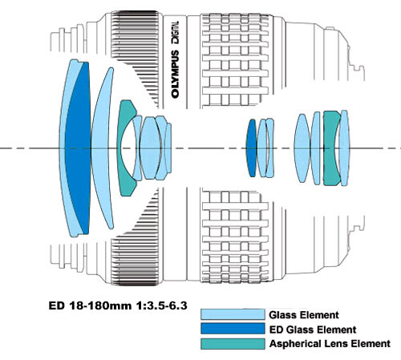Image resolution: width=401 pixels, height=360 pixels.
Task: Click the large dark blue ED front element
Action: coord(79,148)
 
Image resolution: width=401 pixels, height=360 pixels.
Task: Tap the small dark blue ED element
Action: coord(251,148)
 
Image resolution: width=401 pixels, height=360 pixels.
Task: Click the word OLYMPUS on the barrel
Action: coord(175,74)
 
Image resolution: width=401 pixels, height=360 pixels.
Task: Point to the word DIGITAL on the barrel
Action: coord(176,33)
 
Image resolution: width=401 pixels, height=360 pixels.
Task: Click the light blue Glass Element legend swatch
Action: coord(233,314)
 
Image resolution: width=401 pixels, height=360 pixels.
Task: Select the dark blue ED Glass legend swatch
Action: coord(233,329)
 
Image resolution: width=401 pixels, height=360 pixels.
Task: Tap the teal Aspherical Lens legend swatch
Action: coord(233,344)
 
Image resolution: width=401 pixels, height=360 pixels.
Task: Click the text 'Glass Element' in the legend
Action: coord(304,315)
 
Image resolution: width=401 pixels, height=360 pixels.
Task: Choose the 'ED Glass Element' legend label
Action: coord(313,330)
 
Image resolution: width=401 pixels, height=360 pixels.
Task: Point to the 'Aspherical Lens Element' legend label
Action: coord(330,344)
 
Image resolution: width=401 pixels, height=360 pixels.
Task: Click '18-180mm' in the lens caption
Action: coord(100,305)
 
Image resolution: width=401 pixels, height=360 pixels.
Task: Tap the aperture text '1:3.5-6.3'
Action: coord(162,305)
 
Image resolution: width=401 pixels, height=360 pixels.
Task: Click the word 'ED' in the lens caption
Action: coord(57,305)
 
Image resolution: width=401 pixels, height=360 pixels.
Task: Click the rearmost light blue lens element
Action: coord(344,148)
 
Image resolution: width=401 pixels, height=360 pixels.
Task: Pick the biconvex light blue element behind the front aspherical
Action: coord(150,148)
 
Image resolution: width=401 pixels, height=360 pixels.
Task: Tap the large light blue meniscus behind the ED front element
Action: coord(101,148)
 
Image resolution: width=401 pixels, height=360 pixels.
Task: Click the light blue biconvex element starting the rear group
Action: coord(302,148)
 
